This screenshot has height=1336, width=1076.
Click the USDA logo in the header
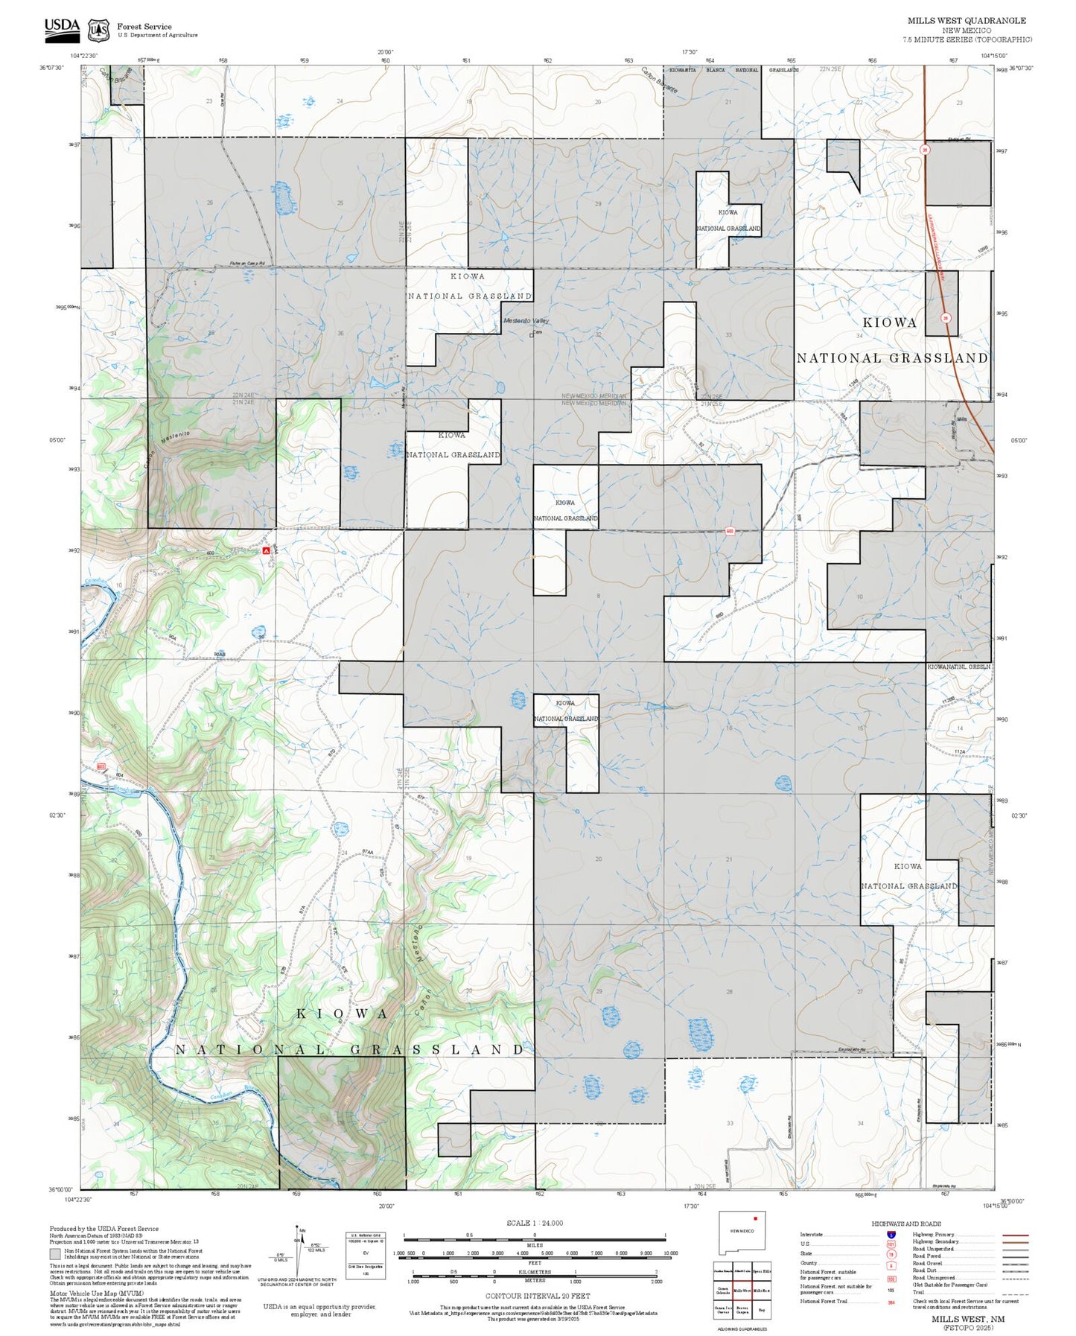point(62,28)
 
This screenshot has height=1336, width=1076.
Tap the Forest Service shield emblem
point(98,30)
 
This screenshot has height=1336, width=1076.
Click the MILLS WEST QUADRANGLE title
point(966,21)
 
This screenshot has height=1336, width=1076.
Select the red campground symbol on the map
point(267,550)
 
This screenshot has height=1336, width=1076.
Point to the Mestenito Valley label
point(526,321)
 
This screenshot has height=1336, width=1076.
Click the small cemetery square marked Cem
point(532,334)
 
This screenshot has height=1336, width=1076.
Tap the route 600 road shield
point(730,531)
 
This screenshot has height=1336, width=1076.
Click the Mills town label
point(961,420)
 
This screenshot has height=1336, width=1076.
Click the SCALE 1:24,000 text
point(534,1223)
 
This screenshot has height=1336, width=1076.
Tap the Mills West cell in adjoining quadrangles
point(742,1291)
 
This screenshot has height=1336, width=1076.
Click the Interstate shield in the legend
point(891,1235)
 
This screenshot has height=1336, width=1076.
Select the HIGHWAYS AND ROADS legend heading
point(906,1224)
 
